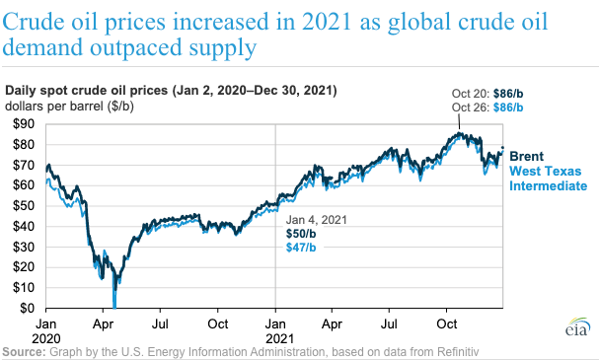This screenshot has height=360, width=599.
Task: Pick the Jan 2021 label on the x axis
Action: tap(275, 329)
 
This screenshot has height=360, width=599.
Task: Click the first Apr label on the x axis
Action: tap(104, 323)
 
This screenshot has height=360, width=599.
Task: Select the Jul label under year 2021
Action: tap(390, 323)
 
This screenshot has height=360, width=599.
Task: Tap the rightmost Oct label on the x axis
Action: tap(447, 323)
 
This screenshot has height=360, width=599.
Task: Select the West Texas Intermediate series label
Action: tap(548, 178)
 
